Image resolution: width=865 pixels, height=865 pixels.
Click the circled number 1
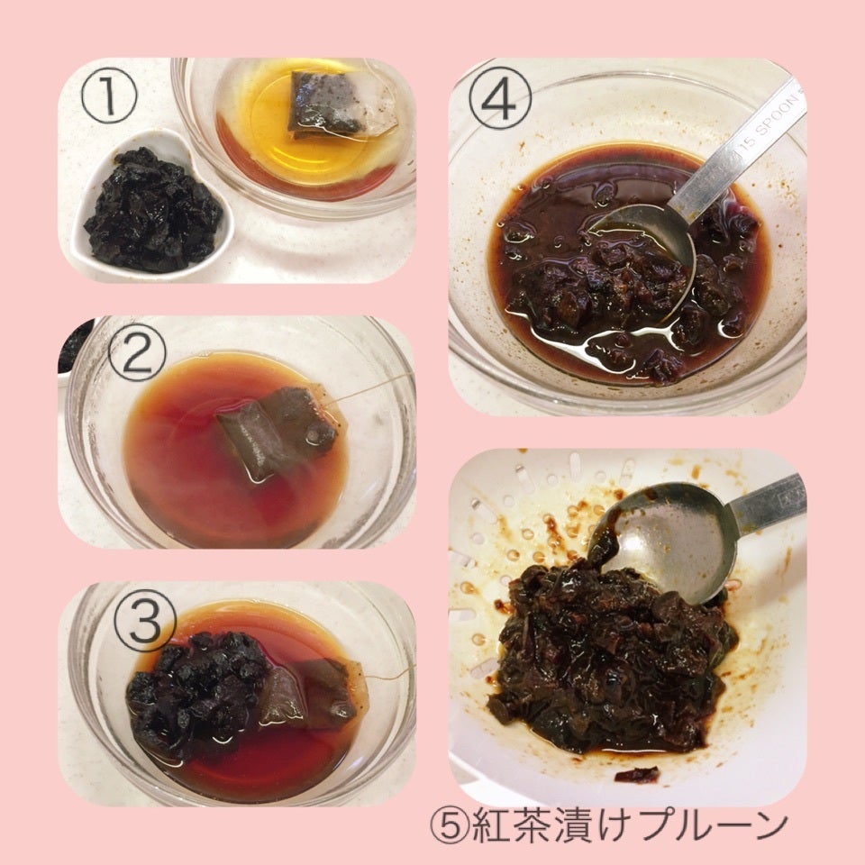coord(109,96)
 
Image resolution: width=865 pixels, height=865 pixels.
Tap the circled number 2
coord(137,352)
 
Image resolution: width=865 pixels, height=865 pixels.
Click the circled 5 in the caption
coord(450,827)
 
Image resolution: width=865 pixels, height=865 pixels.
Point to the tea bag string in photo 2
coord(370,387)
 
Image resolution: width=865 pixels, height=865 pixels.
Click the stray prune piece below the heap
coord(637,774)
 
